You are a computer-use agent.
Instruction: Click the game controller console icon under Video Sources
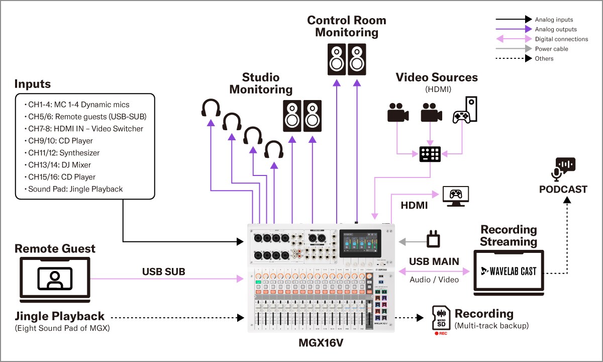point(465,110)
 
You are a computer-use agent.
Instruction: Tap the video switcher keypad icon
point(430,154)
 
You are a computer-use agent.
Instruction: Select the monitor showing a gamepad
point(455,196)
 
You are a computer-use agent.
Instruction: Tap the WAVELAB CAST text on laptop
point(509,271)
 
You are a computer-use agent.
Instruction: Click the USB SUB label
point(163,272)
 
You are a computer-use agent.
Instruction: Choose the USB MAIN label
point(434,261)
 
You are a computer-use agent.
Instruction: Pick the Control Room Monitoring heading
point(347,26)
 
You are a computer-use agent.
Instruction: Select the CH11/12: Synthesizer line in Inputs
point(64,153)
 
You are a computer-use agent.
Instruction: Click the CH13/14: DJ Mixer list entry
point(59,165)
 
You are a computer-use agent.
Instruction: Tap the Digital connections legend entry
point(561,39)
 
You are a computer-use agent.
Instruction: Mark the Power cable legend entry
point(551,49)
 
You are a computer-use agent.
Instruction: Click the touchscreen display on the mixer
point(361,244)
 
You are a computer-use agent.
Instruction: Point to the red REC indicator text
point(442,333)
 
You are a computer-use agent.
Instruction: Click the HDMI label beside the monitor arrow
point(414,205)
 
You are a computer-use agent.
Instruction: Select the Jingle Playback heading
point(59,316)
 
